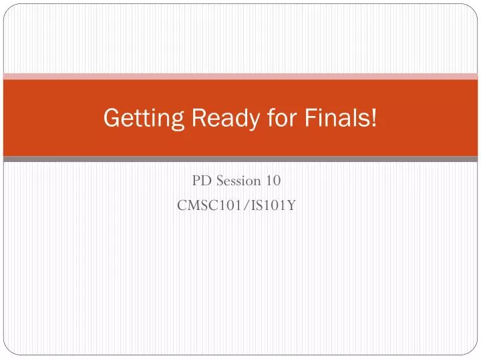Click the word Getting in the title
coord(141,119)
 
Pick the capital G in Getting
coord(112,119)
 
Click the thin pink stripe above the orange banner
coord(240,76)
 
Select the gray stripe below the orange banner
coord(240,159)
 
